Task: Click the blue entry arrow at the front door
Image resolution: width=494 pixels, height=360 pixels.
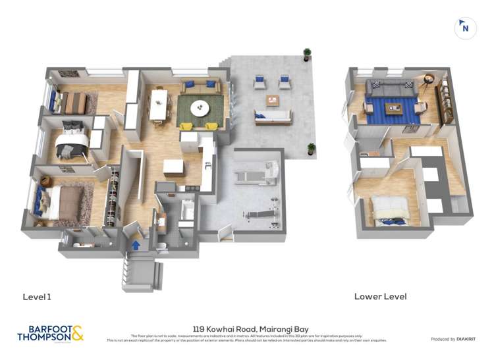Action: click(136, 245)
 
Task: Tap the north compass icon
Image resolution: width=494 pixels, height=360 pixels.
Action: click(466, 28)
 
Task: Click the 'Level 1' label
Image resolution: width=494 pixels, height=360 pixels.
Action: click(37, 297)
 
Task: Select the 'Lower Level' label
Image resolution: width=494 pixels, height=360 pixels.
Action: click(380, 296)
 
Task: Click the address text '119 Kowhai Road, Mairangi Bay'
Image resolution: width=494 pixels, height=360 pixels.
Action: click(250, 329)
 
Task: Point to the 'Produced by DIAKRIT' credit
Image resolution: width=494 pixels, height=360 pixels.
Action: click(453, 339)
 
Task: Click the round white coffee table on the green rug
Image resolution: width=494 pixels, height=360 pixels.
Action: click(200, 107)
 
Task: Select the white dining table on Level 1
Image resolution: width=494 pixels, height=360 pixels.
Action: click(158, 105)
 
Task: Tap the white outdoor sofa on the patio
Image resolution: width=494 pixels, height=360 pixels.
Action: click(273, 117)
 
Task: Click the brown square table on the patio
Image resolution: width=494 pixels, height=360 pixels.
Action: click(273, 99)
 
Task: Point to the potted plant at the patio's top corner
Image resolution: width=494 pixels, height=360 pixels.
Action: click(307, 54)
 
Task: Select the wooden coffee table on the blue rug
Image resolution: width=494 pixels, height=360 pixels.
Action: click(394, 108)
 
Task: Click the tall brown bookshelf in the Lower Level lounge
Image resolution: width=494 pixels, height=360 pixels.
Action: click(445, 100)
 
